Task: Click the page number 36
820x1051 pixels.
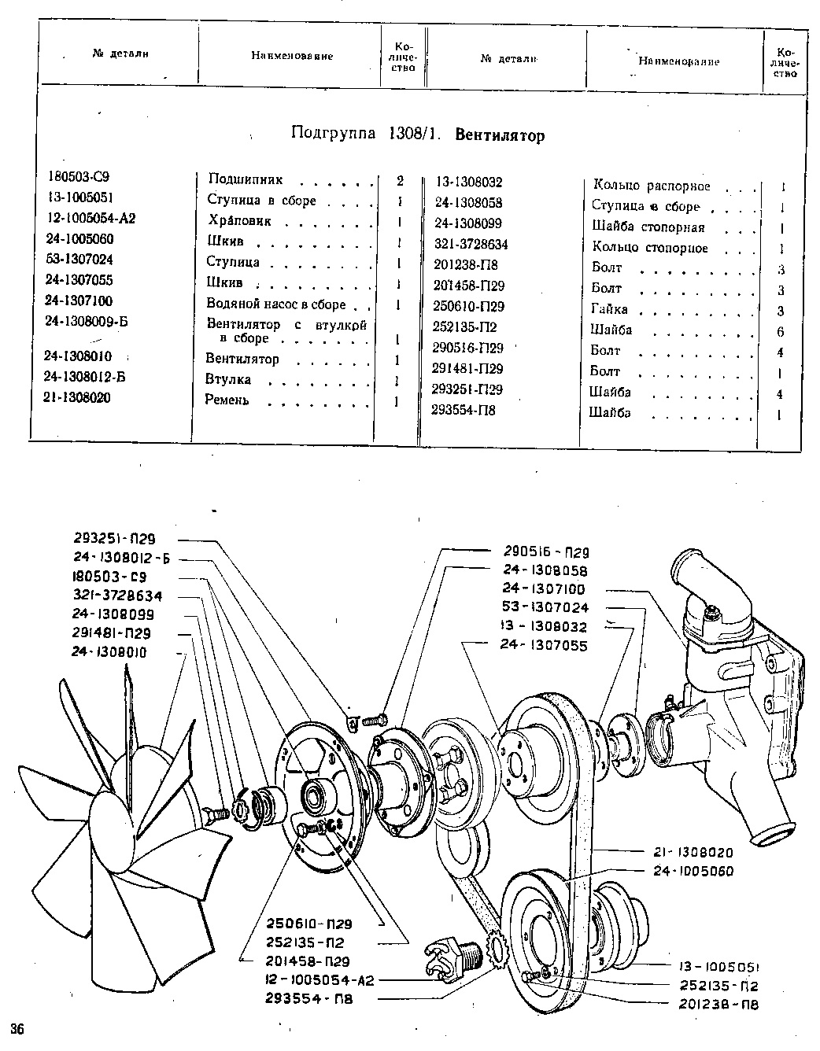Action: (17, 1029)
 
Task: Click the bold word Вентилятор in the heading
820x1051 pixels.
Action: (500, 135)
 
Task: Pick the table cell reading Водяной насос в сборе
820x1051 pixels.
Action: (276, 304)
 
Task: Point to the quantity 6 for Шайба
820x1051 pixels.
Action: (781, 332)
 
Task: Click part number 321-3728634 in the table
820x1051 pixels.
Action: (471, 244)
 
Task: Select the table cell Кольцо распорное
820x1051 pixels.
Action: (652, 186)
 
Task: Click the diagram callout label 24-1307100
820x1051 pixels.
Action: (543, 588)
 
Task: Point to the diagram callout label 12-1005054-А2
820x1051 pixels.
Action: (320, 980)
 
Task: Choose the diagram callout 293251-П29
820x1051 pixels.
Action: (115, 539)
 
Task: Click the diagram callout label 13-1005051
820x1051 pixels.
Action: (719, 967)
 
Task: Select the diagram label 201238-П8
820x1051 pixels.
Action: (718, 1005)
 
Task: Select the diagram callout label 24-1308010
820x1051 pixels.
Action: (109, 652)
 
